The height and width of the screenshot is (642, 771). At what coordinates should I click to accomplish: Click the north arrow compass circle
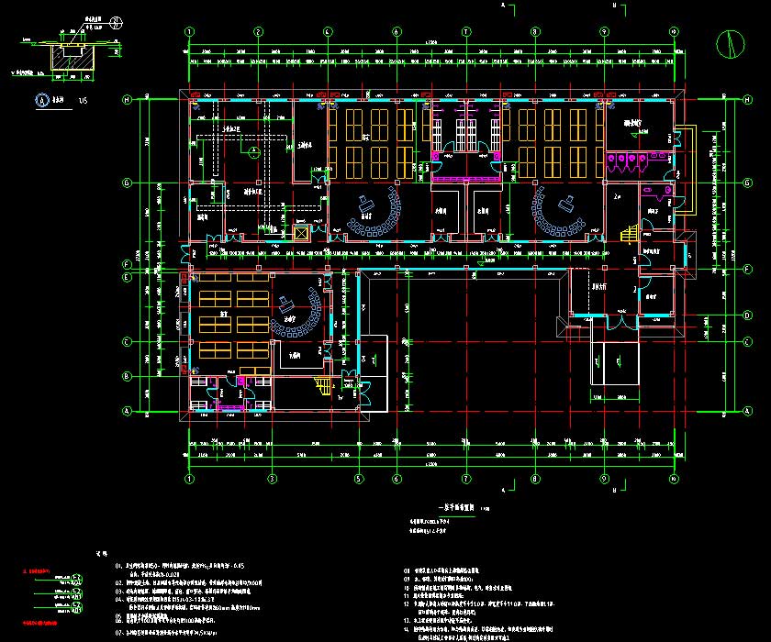pyautogui.click(x=732, y=43)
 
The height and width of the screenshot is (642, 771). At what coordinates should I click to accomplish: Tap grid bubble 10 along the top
pyautogui.click(x=674, y=32)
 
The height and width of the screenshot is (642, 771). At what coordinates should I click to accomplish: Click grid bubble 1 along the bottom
pyautogui.click(x=190, y=479)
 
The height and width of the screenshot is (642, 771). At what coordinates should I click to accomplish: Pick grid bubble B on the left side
pyautogui.click(x=128, y=375)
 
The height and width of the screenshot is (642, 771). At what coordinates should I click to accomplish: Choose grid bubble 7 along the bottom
pyautogui.click(x=465, y=479)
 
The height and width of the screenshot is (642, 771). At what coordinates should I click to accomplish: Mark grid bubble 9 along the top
pyautogui.click(x=604, y=32)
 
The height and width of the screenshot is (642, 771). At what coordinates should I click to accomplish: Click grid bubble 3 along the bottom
pyautogui.click(x=273, y=479)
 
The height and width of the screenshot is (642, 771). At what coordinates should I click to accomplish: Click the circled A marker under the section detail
pyautogui.click(x=40, y=101)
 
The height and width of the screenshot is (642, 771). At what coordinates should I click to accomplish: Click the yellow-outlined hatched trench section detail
pyautogui.click(x=66, y=58)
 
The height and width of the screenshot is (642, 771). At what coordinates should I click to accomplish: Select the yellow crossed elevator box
pyautogui.click(x=300, y=233)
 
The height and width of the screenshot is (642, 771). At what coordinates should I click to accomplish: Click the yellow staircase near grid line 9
pyautogui.click(x=628, y=236)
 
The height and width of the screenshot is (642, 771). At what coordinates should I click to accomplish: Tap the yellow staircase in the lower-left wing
pyautogui.click(x=323, y=387)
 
